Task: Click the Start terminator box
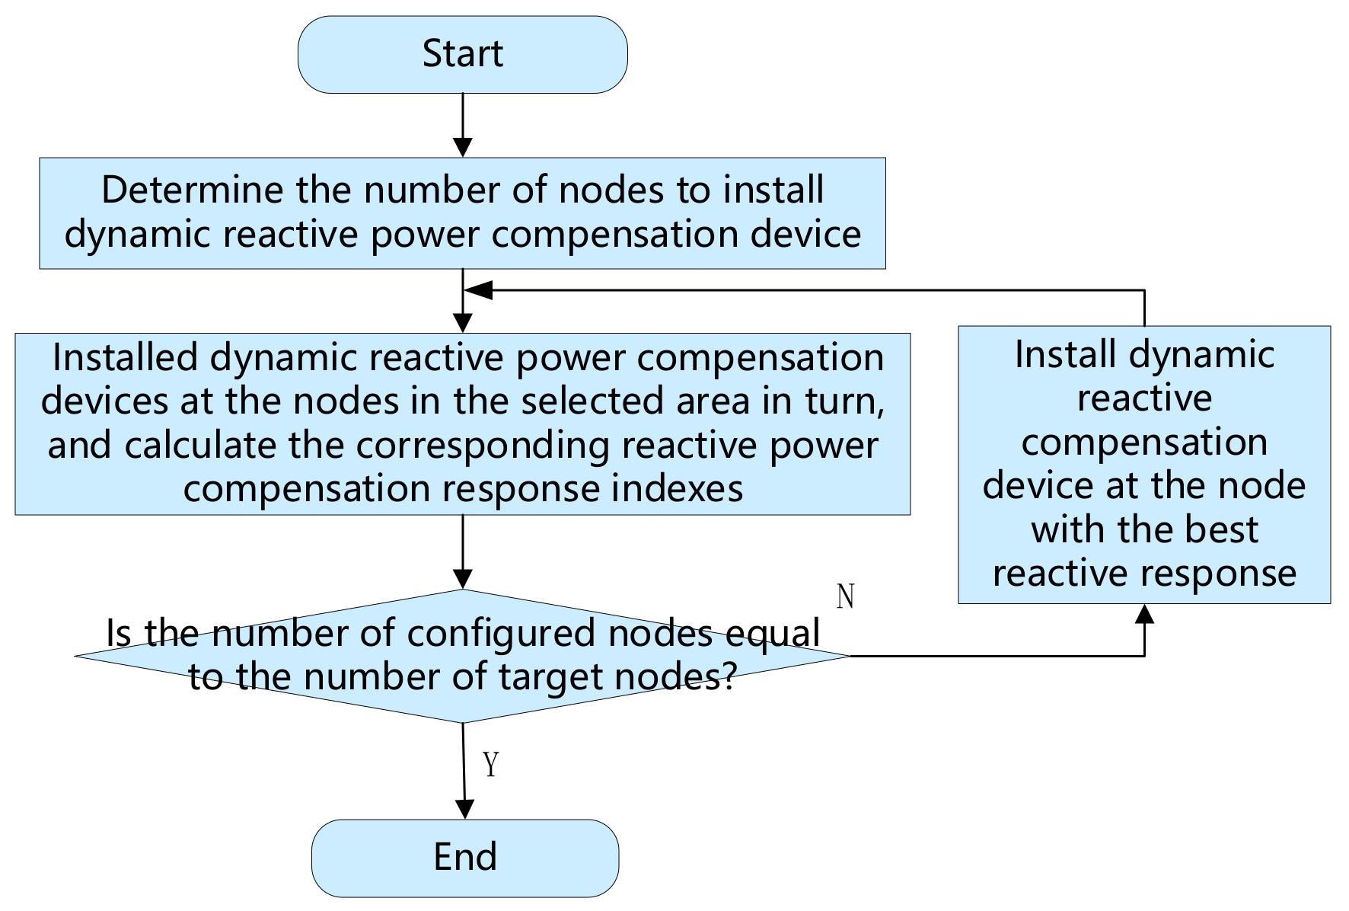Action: pyautogui.click(x=462, y=55)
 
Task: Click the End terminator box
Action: pyautogui.click(x=464, y=858)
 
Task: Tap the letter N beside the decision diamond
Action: pyautogui.click(x=845, y=596)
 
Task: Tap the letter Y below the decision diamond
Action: pyautogui.click(x=491, y=763)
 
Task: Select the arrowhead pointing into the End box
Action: pyautogui.click(x=464, y=809)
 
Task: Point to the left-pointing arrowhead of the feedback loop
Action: pyautogui.click(x=478, y=290)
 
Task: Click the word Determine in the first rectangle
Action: pyautogui.click(x=193, y=190)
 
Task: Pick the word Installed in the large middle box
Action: pyautogui.click(x=125, y=358)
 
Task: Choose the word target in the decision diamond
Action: pyautogui.click(x=550, y=676)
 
